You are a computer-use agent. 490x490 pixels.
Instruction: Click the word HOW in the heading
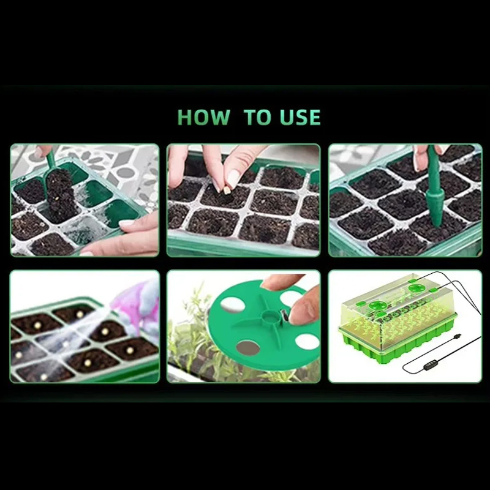(x=203, y=117)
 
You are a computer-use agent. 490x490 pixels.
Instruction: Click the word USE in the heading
(x=300, y=117)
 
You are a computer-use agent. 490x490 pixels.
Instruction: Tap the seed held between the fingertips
(x=227, y=190)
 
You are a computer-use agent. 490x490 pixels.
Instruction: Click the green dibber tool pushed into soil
(x=435, y=187)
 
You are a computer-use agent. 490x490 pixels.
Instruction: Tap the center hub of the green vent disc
(x=269, y=317)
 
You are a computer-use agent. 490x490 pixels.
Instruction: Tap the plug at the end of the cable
(x=458, y=337)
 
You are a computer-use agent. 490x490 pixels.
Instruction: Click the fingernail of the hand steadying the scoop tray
(x=127, y=223)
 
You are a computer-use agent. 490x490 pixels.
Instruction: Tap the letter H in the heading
(x=184, y=117)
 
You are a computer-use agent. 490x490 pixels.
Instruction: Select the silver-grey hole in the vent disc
(x=248, y=348)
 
